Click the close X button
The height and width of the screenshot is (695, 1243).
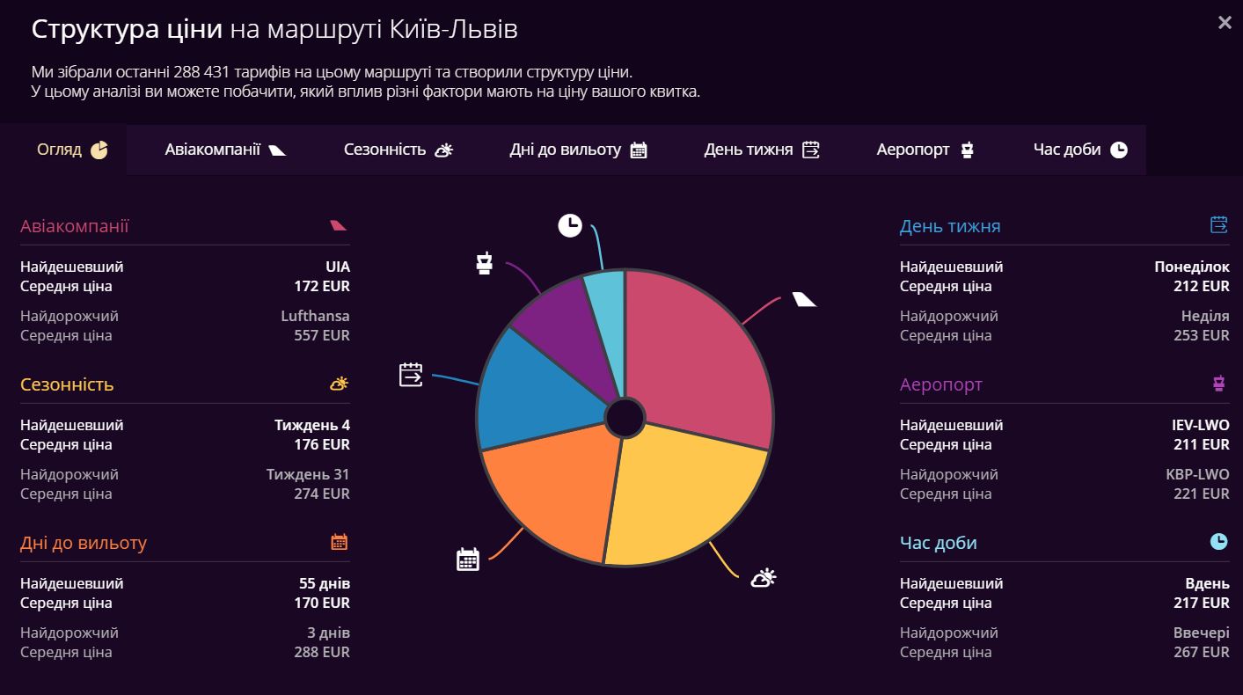1225,24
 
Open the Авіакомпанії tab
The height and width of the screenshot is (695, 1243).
225,150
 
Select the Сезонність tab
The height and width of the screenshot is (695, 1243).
398,150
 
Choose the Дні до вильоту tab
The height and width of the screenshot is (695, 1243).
578,150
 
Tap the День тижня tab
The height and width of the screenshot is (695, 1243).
761,150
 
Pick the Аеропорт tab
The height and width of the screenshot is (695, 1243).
925,150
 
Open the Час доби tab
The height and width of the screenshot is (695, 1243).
1079,150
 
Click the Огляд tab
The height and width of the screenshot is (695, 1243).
72,150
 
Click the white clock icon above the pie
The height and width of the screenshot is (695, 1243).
570,225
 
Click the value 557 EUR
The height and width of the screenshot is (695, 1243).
321,335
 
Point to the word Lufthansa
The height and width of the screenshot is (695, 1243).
315,316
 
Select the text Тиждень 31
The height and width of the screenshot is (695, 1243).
308,474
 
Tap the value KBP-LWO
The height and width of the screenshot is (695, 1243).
1197,474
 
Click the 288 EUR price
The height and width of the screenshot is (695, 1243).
321,652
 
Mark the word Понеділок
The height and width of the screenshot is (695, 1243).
1192,267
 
